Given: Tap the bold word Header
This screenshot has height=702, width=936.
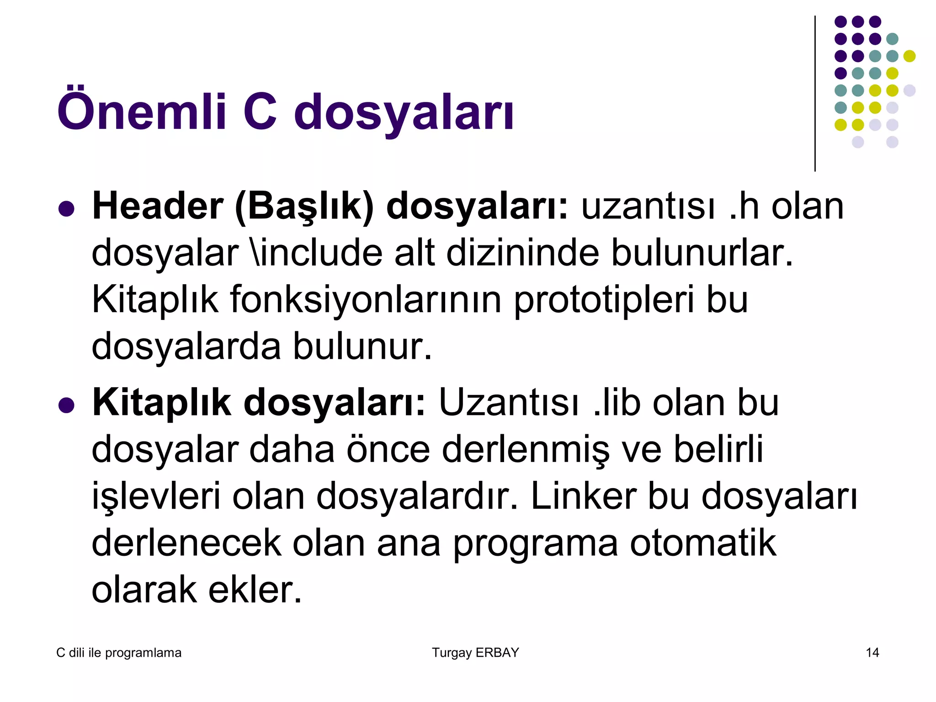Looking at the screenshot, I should [x=158, y=207].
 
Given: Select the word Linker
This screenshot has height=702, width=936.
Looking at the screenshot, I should [x=583, y=497].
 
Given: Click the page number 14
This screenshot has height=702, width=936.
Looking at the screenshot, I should [x=872, y=653].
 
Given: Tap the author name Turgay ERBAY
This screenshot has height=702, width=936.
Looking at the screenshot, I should [x=475, y=653].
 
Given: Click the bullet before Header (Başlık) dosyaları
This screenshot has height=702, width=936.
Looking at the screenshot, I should [x=67, y=208].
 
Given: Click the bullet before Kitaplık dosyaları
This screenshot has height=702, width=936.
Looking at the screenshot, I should [x=67, y=405].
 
